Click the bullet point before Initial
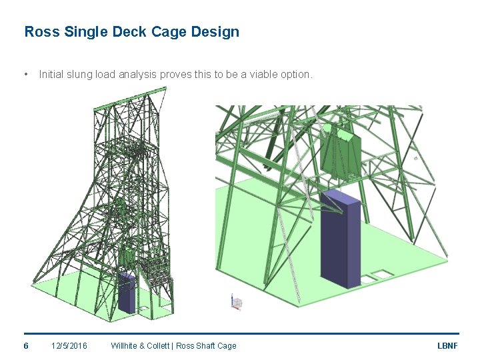[25, 75]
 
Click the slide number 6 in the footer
[26, 345]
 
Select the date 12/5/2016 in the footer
[69, 345]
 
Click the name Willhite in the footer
[126, 345]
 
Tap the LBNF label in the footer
[447, 345]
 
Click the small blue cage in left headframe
[127, 293]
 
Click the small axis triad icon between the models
[235, 302]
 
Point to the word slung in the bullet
[80, 75]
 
